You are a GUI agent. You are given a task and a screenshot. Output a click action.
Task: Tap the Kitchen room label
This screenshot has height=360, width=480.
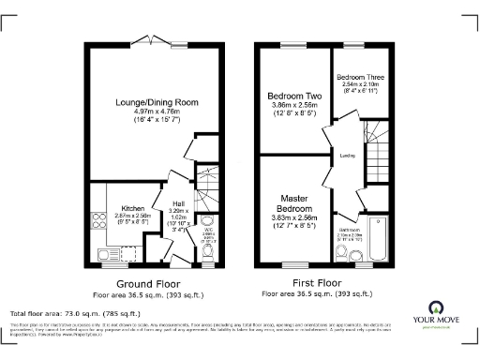click(132, 208)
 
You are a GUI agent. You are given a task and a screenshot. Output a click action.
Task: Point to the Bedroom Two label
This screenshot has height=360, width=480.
click(294, 96)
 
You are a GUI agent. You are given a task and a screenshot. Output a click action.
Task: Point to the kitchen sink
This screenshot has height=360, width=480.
click(104, 252)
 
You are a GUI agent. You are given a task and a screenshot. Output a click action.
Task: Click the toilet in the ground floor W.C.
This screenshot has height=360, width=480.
click(207, 252)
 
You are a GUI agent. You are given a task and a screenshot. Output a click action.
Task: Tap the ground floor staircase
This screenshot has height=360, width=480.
click(205, 187)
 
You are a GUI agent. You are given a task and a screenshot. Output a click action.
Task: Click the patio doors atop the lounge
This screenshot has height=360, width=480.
click(151, 40)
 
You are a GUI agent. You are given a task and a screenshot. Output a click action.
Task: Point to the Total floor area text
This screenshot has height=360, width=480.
click(75, 313)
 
